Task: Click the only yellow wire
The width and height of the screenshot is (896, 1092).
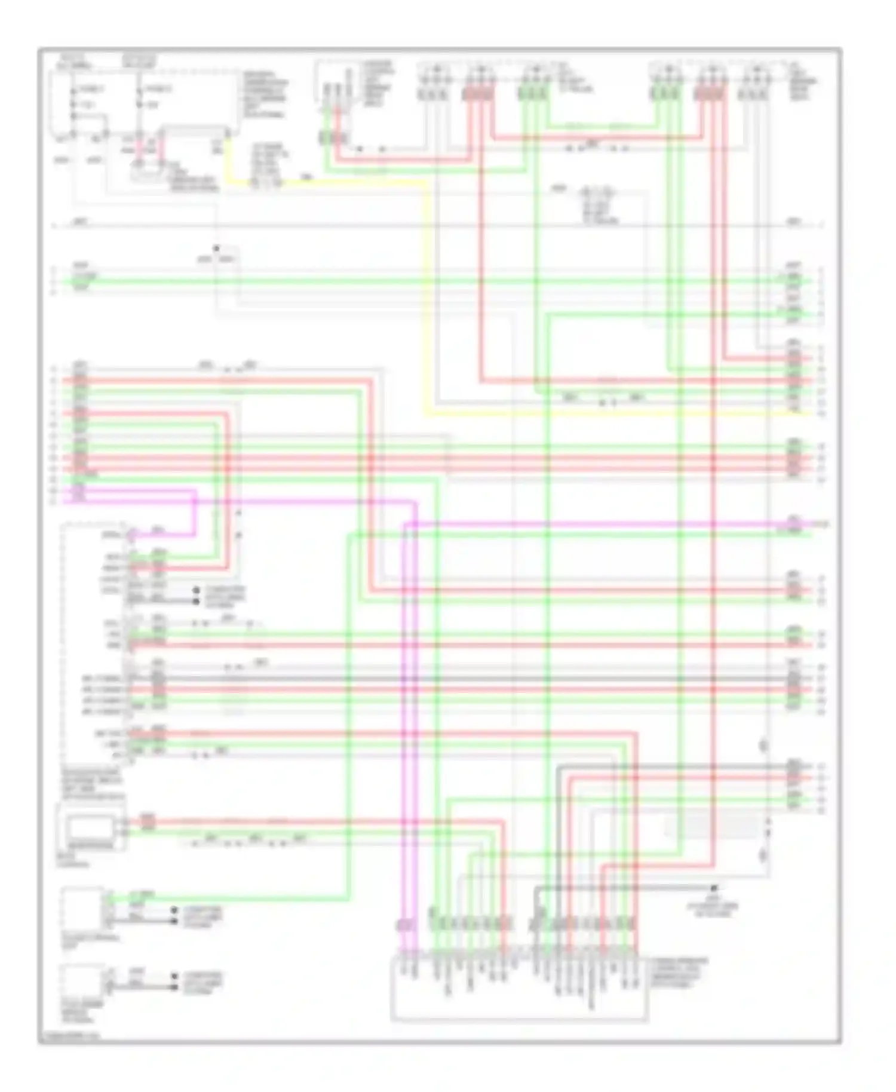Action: tap(426, 299)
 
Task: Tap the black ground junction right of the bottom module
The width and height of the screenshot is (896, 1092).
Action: tap(714, 888)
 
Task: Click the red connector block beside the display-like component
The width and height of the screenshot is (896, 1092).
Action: tap(148, 823)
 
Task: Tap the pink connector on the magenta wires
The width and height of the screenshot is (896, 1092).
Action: tap(406, 925)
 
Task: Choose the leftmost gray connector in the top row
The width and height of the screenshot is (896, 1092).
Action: tap(432, 94)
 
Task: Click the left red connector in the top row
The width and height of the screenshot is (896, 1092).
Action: tap(478, 94)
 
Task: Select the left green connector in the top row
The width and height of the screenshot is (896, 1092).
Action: tap(533, 94)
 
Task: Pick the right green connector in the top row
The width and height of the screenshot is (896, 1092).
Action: tap(665, 94)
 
